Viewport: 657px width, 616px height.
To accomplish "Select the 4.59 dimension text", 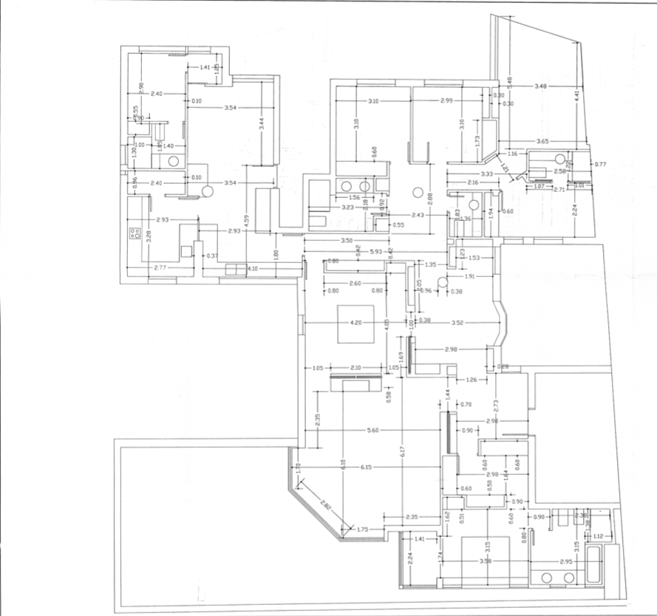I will click(248, 222).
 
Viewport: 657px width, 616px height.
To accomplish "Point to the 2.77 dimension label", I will click(159, 267).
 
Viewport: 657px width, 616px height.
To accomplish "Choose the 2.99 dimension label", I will click(446, 100).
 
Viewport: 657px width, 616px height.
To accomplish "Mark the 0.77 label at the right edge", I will click(600, 164).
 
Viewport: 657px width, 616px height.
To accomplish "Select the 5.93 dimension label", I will click(377, 253).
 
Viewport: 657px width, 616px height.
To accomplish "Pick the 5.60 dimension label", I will click(372, 431).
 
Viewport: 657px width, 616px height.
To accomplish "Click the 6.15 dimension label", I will click(366, 468).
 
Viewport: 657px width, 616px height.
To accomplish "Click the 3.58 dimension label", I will click(485, 562).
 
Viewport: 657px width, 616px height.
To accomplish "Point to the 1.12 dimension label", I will click(599, 535).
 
